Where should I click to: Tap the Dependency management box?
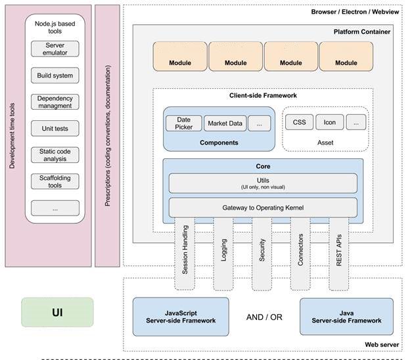pos(55,102)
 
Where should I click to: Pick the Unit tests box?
pos(55,129)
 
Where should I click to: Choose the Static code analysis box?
pos(55,155)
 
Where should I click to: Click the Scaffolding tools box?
pos(55,181)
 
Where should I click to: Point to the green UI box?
pos(57,312)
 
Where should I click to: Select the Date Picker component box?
pos(183,123)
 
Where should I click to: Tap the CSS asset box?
pos(299,122)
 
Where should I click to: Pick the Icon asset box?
pos(329,122)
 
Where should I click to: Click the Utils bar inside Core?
pos(263,183)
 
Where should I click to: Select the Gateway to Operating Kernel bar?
pos(263,208)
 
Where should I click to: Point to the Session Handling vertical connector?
pos(186,254)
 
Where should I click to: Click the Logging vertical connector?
pos(224,254)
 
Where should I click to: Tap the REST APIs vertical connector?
pos(339,254)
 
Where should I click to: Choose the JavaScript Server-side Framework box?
pos(181,316)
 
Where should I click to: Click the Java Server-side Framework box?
pos(346,316)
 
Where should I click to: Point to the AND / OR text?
pos(263,317)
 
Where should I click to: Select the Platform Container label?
pos(361,32)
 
